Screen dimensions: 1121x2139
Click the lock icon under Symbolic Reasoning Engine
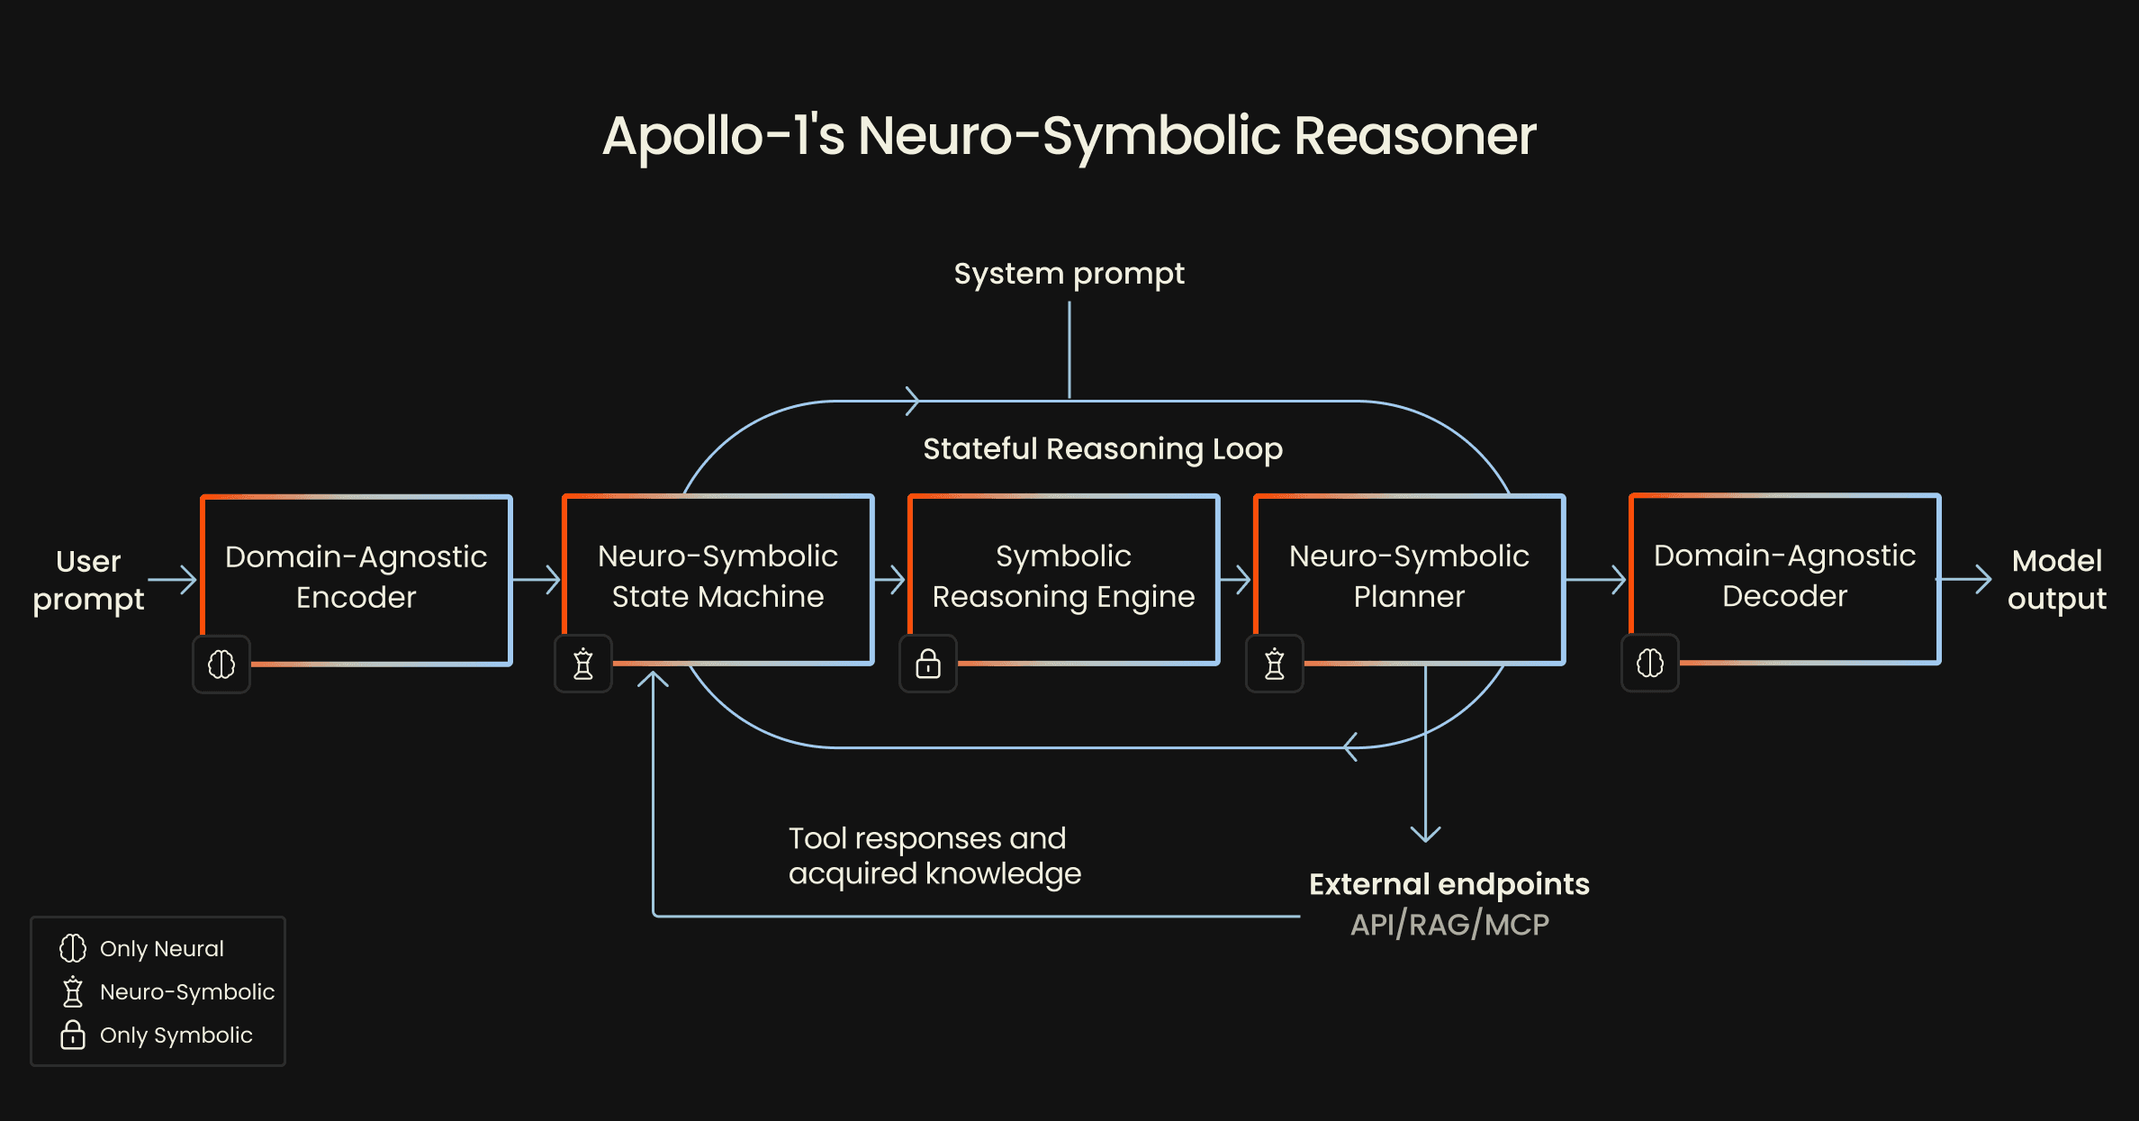928,664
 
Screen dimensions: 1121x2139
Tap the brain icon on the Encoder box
221,664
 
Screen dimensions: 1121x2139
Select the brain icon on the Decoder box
1649,664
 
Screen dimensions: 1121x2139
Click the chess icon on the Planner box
1274,664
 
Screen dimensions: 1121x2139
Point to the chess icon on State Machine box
583,664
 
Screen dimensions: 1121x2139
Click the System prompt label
1069,274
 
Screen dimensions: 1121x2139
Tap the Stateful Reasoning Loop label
1102,448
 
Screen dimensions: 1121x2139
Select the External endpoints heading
1449,884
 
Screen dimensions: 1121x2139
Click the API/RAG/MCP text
1449,925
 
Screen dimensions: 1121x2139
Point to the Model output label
2056,580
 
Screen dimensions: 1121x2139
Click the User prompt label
88,580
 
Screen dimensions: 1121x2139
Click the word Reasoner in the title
1414,136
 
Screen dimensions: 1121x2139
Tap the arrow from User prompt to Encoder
172,580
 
